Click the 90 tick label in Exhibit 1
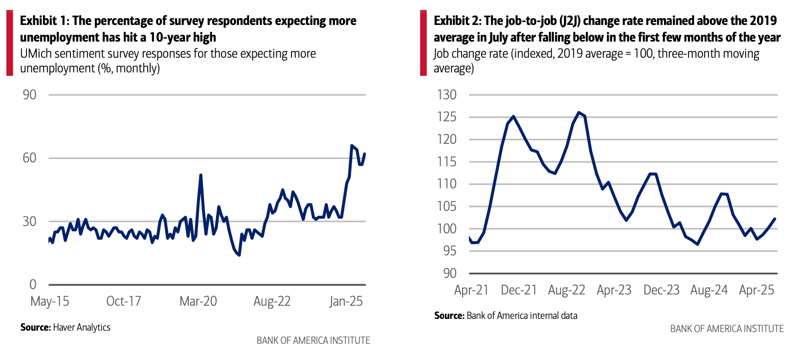click(x=29, y=94)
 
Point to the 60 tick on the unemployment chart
click(x=29, y=157)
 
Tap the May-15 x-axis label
click(x=50, y=301)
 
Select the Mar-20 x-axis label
click(x=198, y=301)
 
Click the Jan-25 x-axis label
click(x=346, y=301)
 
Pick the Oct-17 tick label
click(x=124, y=301)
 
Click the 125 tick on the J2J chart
click(x=447, y=117)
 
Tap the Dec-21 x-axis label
click(x=519, y=290)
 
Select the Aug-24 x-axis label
click(x=709, y=290)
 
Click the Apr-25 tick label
click(x=756, y=290)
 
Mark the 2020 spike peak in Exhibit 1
click(x=200, y=175)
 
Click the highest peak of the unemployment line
click(x=352, y=145)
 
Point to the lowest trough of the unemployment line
click(x=239, y=255)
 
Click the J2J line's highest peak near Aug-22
click(x=578, y=112)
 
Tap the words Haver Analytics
click(x=82, y=327)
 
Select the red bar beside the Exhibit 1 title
click(x=9, y=44)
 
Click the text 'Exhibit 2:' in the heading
click(x=457, y=21)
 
